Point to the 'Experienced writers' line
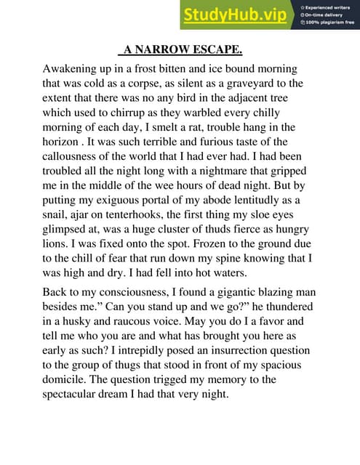[329, 6]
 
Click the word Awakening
[73, 69]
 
